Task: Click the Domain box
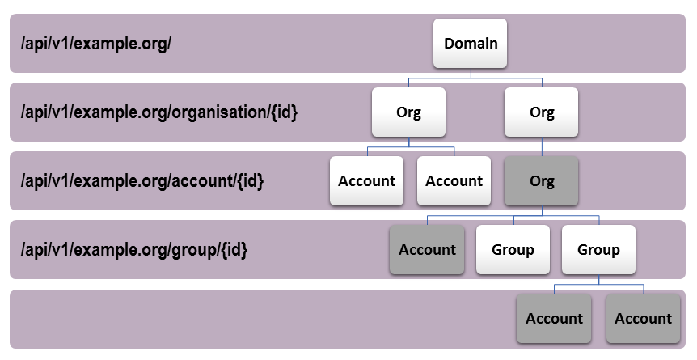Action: tap(471, 43)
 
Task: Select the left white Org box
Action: tap(408, 112)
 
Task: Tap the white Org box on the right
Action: tap(542, 112)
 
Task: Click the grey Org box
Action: tap(542, 181)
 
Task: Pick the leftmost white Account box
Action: tap(366, 181)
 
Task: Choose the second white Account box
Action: tap(454, 181)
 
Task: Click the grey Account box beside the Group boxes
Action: tap(427, 250)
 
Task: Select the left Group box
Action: tap(513, 250)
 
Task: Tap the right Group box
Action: tap(598, 250)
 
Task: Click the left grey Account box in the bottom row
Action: tap(554, 319)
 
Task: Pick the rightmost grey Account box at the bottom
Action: tap(643, 319)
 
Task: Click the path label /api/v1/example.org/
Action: tap(96, 43)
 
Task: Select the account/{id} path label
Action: tap(142, 181)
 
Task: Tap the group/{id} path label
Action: tap(134, 250)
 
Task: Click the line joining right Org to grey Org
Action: tap(542, 146)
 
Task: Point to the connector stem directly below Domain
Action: tap(471, 74)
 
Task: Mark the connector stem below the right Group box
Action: tap(598, 279)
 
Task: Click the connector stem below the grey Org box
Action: tap(542, 210)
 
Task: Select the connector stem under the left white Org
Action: tap(408, 142)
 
